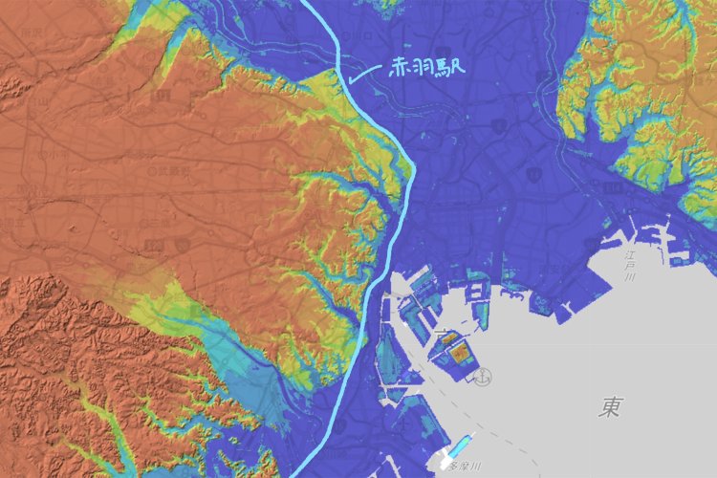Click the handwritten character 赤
pos(401,69)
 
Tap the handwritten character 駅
pos(454,69)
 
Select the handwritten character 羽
pos(426,69)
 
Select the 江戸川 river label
pos(630,267)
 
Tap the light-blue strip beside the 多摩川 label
pos(460,445)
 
